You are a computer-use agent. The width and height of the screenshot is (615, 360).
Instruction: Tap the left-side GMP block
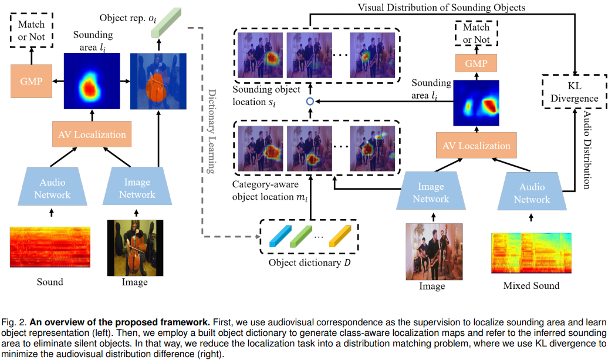(31, 82)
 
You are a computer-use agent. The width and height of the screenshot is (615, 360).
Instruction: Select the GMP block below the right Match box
(476, 63)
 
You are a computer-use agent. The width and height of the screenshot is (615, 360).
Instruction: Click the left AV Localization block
(91, 134)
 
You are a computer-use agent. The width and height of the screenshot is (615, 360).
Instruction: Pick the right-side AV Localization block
(475, 145)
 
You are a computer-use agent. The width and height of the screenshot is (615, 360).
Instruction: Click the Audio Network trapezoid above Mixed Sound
(531, 193)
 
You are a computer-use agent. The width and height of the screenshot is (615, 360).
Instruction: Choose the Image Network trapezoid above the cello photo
(137, 189)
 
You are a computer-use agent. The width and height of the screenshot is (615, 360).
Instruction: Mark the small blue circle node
(310, 102)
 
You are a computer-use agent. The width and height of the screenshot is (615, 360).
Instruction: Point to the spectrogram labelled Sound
(50, 246)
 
